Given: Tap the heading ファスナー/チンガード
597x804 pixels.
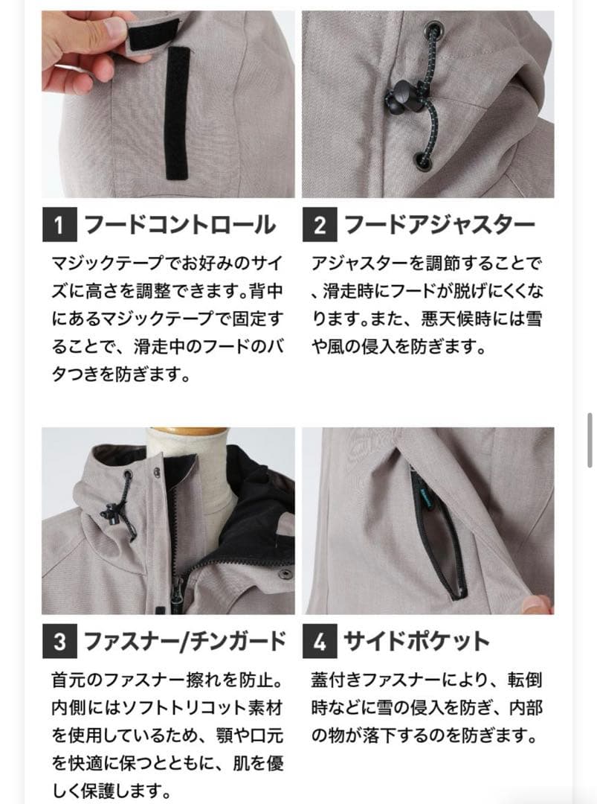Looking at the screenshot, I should (x=184, y=641).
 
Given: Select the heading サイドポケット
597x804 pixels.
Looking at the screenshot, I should (x=416, y=641).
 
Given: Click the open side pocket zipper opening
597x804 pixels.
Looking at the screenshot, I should (x=435, y=536).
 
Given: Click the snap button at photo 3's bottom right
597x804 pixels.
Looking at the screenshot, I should (x=283, y=574).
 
